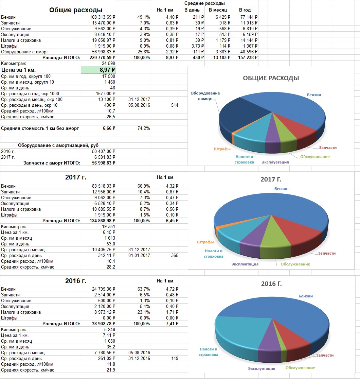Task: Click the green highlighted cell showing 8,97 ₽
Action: (98, 70)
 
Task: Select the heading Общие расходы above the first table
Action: (76, 10)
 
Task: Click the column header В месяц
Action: (218, 10)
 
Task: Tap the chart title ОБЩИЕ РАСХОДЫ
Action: (271, 78)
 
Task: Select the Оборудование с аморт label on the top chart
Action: (205, 96)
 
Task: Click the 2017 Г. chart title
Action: (271, 179)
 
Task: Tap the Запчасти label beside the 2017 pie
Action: (327, 253)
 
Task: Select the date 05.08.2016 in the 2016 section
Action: (139, 352)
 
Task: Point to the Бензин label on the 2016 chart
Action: (306, 296)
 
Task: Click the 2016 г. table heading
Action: (76, 281)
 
